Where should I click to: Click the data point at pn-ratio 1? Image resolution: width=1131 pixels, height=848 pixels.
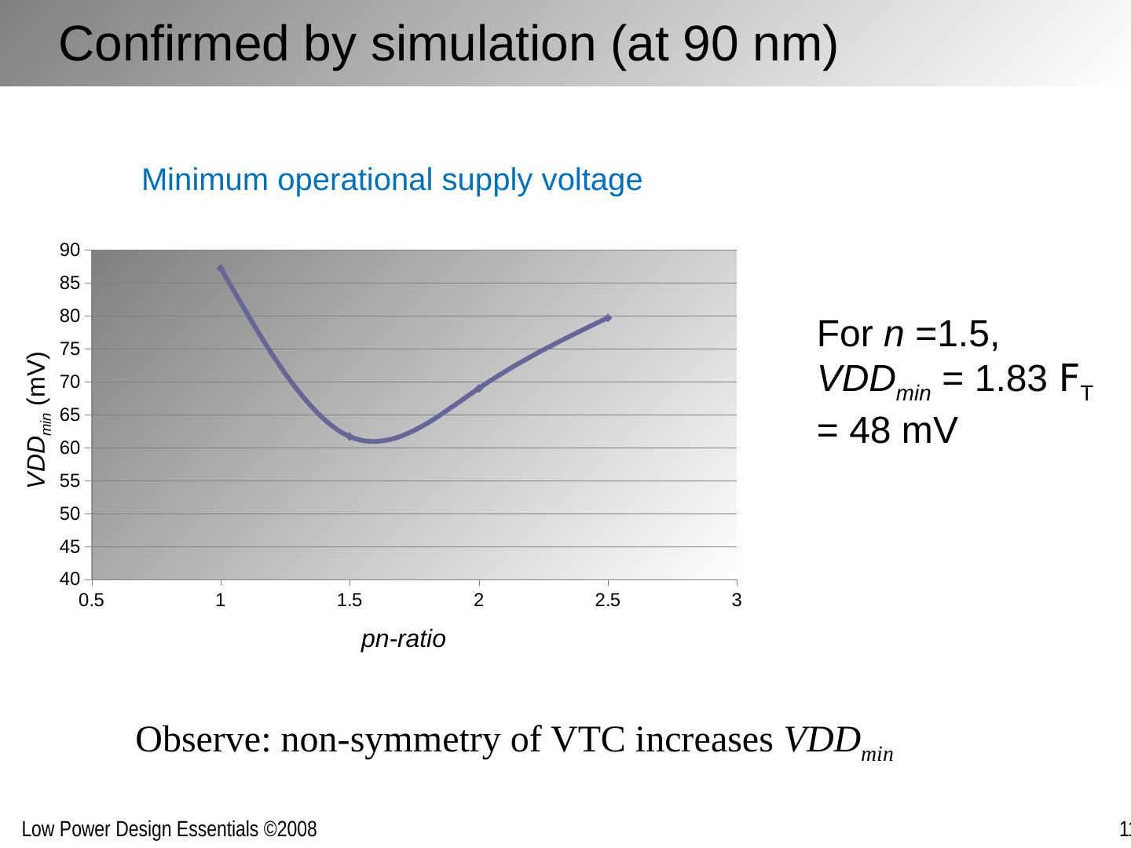[x=221, y=269]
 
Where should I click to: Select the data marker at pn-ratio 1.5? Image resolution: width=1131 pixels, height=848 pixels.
[x=350, y=437]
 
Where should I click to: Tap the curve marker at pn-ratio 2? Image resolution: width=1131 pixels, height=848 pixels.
[x=479, y=388]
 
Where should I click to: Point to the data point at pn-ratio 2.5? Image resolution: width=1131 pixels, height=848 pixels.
[x=608, y=318]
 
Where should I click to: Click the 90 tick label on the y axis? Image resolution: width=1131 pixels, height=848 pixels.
[x=70, y=250]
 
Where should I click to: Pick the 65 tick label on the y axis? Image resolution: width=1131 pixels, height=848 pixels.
[x=70, y=415]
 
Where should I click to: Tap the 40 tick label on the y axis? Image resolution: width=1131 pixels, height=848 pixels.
[x=70, y=579]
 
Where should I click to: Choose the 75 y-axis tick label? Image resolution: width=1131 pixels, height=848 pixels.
[x=70, y=349]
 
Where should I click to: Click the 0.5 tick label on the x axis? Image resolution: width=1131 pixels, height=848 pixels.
[x=92, y=601]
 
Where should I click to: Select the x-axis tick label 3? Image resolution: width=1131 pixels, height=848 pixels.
[x=737, y=601]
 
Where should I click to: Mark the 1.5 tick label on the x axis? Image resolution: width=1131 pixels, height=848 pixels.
[x=350, y=601]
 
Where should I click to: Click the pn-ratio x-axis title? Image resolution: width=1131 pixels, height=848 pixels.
[x=403, y=639]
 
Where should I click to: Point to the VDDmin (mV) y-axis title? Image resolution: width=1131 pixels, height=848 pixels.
[x=38, y=420]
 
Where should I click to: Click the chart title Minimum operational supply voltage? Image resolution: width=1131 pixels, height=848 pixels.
[x=392, y=180]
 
